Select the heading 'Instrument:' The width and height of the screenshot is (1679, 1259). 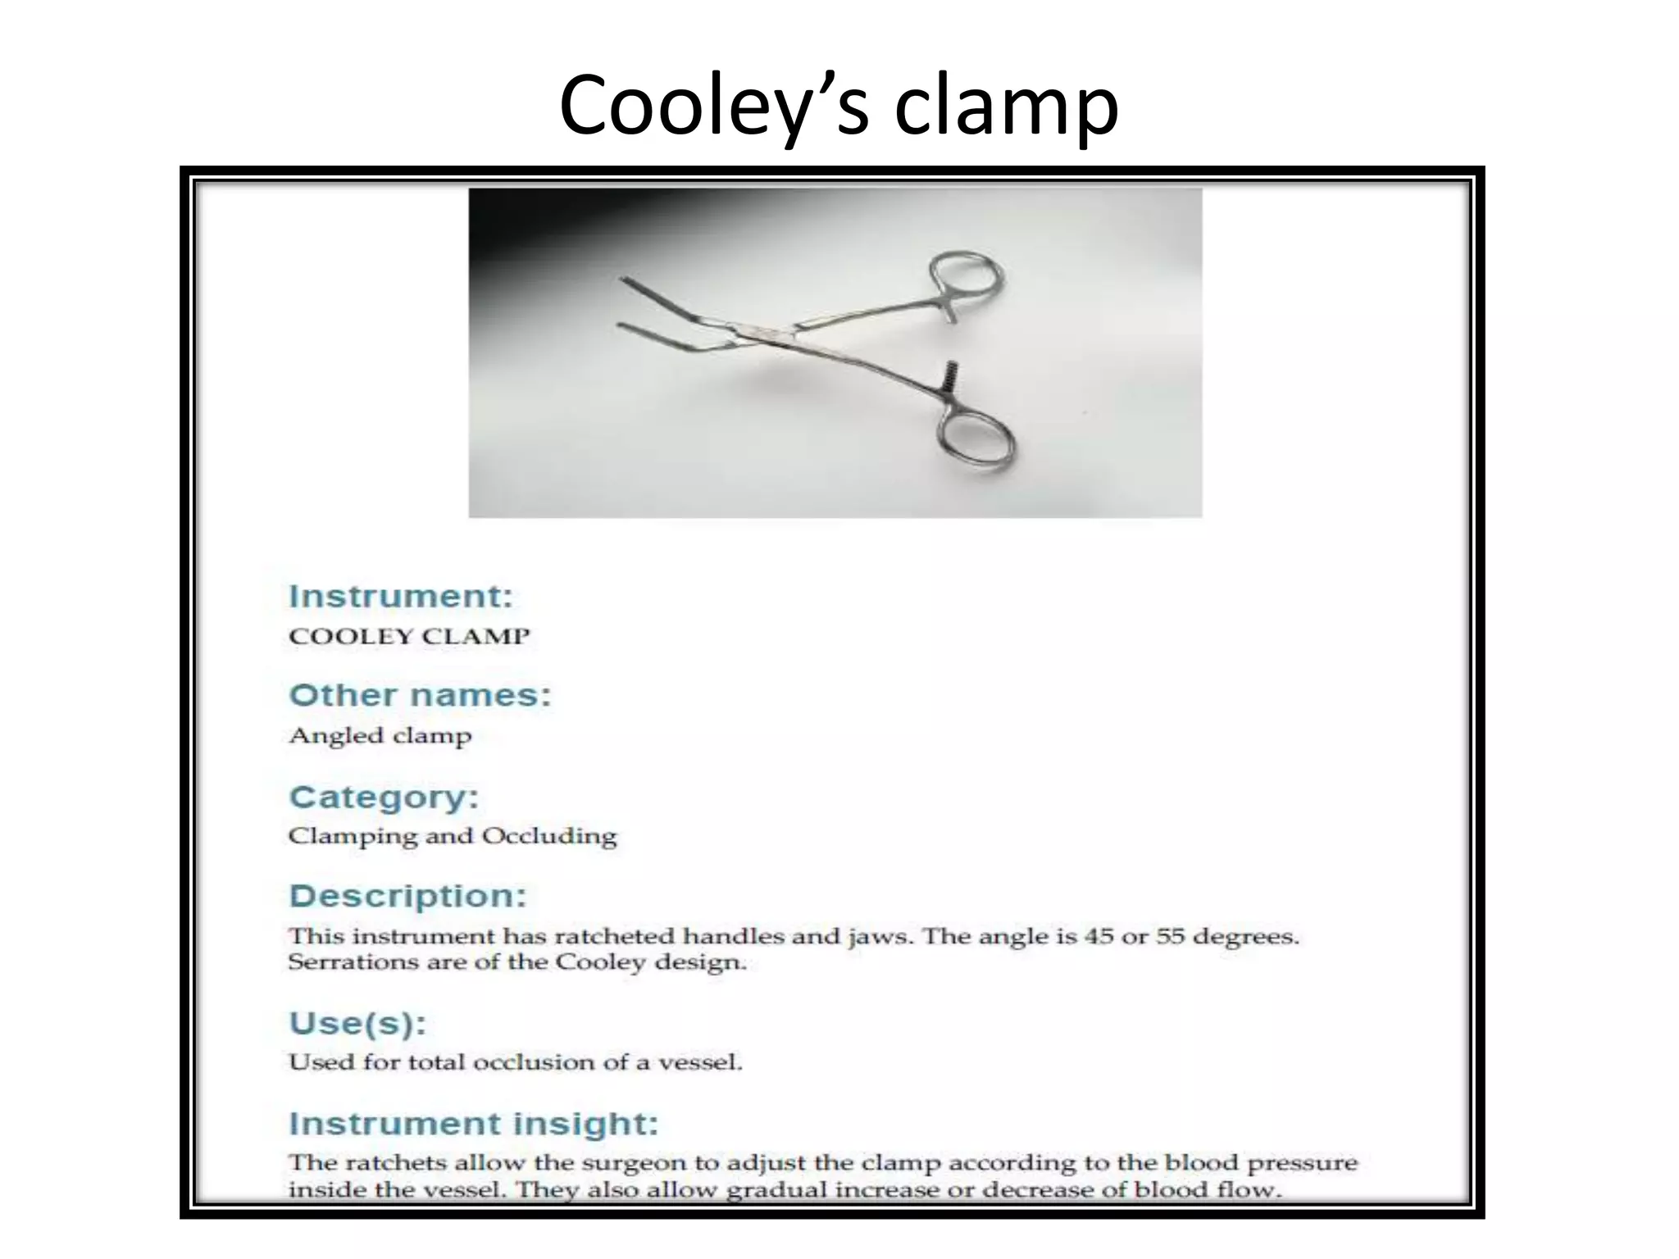[x=401, y=596]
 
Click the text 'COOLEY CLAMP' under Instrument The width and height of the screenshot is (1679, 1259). [x=409, y=637]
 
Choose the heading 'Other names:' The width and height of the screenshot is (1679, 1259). [x=420, y=695]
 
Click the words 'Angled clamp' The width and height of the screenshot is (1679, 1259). [x=380, y=736]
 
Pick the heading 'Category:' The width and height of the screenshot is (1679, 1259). [x=384, y=797]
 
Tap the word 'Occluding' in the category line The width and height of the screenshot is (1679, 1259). [x=548, y=836]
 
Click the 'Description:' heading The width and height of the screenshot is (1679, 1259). [x=407, y=896]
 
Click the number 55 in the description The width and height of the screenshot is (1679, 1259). [x=1171, y=936]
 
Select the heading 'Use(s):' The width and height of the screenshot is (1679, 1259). [x=357, y=1023]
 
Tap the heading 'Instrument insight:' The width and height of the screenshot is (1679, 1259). [x=474, y=1123]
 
